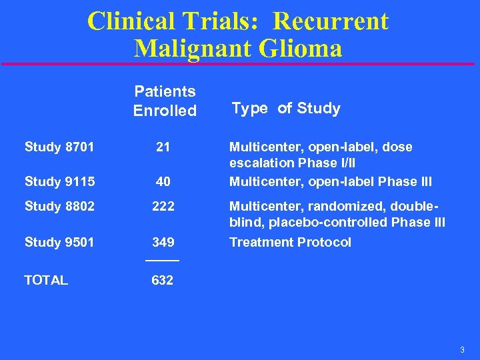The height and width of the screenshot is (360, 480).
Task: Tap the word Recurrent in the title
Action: [331, 21]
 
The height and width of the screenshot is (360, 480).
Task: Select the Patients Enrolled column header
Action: [165, 101]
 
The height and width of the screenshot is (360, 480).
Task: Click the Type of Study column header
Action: [285, 108]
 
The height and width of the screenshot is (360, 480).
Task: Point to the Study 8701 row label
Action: [59, 147]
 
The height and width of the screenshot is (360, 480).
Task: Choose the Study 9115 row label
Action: [59, 181]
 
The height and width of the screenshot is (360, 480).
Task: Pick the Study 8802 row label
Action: [59, 206]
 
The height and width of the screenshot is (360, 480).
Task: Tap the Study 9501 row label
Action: [59, 242]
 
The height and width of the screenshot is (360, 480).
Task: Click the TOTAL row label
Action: [46, 280]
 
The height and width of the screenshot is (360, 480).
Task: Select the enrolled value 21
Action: [163, 147]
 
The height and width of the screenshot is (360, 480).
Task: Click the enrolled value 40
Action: [163, 181]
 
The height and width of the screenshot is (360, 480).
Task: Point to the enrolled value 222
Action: [163, 206]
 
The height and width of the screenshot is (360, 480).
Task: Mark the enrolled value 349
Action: [163, 242]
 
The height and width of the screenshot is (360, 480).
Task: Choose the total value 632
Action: [163, 280]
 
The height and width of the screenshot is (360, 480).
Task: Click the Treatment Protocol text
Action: [290, 242]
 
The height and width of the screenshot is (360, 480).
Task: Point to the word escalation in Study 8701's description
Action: [261, 163]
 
